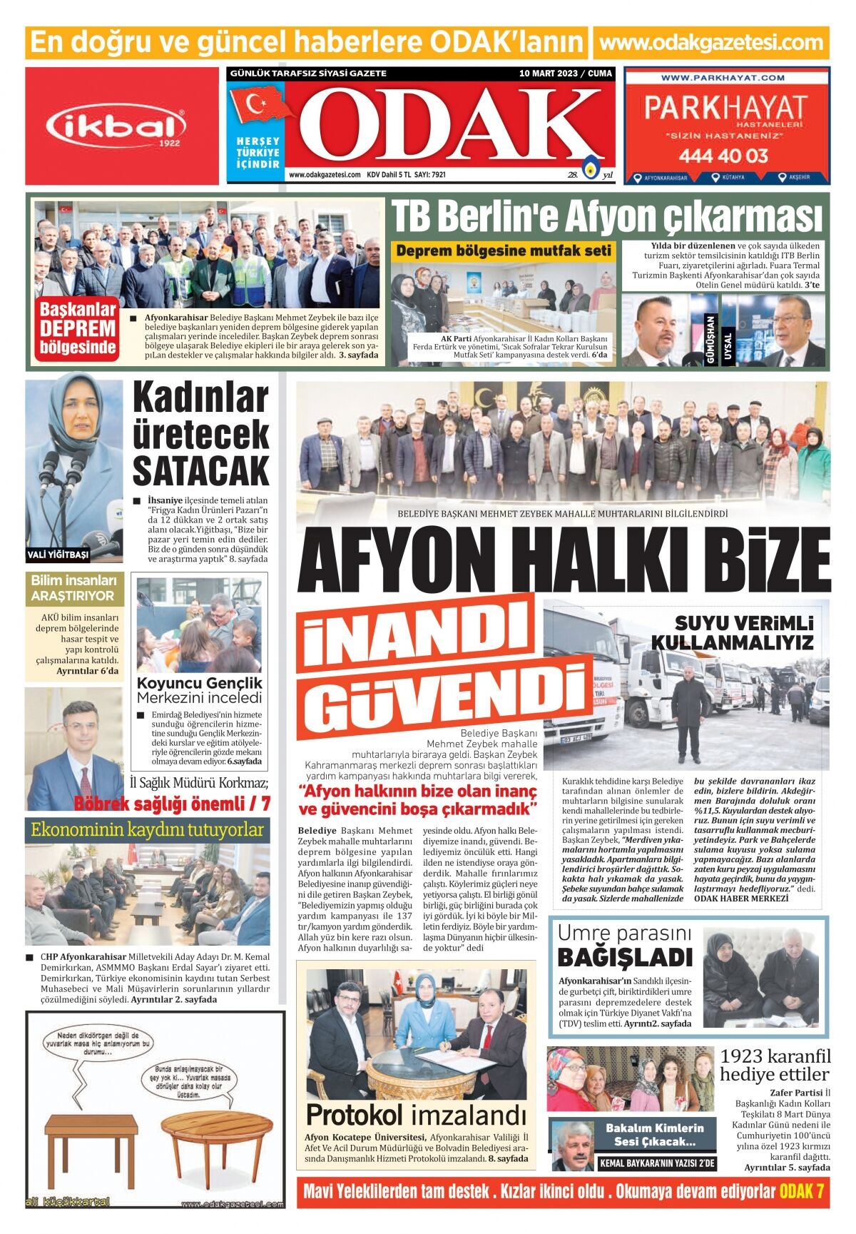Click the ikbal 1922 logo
tap(121, 127)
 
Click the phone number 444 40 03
tap(723, 156)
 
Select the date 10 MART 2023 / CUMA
tap(566, 74)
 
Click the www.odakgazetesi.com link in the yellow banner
tap(711, 42)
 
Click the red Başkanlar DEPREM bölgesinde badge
tap(78, 328)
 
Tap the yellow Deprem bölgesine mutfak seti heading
tap(504, 251)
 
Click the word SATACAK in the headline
tap(200, 470)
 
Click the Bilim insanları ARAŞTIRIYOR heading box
tap(73, 588)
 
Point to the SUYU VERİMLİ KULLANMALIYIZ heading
tap(733, 632)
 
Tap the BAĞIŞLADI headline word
tap(624, 957)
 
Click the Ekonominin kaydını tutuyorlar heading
tap(148, 830)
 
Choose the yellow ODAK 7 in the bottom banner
tap(802, 1190)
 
